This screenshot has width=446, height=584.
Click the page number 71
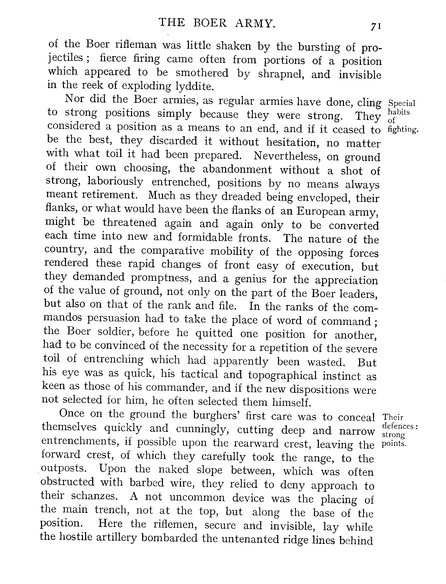(x=376, y=26)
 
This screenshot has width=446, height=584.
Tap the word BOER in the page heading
(x=210, y=23)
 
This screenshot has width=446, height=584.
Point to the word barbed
(x=147, y=483)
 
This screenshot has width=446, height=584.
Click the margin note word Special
(x=402, y=103)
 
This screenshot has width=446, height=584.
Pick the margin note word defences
(x=398, y=426)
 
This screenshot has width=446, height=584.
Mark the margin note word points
(x=394, y=444)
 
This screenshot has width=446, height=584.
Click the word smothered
(x=202, y=73)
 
